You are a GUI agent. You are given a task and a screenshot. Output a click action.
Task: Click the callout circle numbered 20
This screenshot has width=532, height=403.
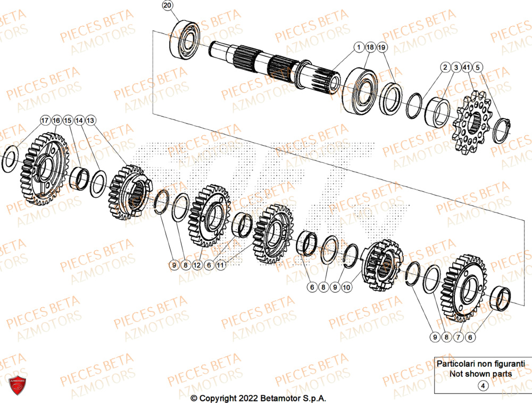coord(168,6)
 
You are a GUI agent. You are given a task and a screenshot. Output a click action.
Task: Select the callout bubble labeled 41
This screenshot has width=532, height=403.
coord(467,68)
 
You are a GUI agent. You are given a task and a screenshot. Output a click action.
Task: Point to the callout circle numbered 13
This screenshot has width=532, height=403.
coord(91,121)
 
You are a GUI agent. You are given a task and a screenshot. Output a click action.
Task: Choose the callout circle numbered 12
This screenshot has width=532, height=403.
coord(197,265)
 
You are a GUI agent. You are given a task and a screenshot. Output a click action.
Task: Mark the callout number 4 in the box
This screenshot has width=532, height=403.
coord(483,386)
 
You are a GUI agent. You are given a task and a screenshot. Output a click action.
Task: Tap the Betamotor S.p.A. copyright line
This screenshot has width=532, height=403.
coord(259,398)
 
